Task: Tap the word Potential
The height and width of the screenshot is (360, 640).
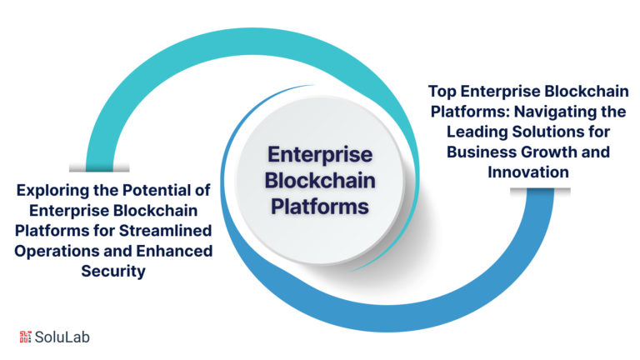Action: (x=166, y=191)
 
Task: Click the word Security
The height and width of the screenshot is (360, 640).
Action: (x=114, y=271)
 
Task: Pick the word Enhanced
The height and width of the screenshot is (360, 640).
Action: (x=174, y=251)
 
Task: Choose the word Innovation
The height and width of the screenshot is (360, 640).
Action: (x=528, y=172)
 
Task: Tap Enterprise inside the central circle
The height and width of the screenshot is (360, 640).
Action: (x=321, y=156)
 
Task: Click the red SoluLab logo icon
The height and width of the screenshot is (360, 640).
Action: (x=25, y=337)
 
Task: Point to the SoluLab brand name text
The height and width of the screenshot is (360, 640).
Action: (x=62, y=337)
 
